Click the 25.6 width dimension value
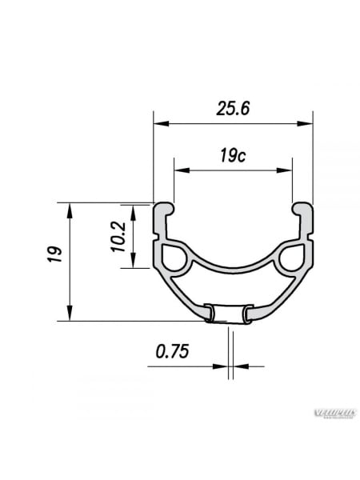(232, 110)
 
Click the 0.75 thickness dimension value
(172, 352)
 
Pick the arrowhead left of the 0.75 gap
(221, 367)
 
